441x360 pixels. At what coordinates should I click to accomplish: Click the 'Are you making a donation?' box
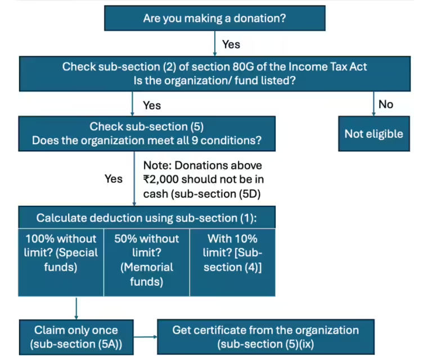coord(214,18)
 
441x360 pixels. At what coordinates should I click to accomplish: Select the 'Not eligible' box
coord(373,134)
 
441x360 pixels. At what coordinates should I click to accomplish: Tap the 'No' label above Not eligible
coord(386,104)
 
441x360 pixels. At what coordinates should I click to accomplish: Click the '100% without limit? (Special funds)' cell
coord(61,253)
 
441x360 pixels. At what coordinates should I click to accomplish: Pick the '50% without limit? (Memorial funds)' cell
coord(147,260)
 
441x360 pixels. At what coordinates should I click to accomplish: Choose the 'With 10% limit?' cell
coord(233,253)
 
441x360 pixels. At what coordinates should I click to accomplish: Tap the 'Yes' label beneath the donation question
coord(231,44)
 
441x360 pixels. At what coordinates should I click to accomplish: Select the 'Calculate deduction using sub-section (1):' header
coord(147,218)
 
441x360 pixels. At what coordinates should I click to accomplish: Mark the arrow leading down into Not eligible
coord(373,104)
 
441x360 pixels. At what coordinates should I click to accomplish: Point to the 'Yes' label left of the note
coord(114,178)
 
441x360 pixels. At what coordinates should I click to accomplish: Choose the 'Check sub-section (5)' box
coord(147,133)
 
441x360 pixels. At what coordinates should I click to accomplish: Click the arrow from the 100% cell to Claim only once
coord(76,308)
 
